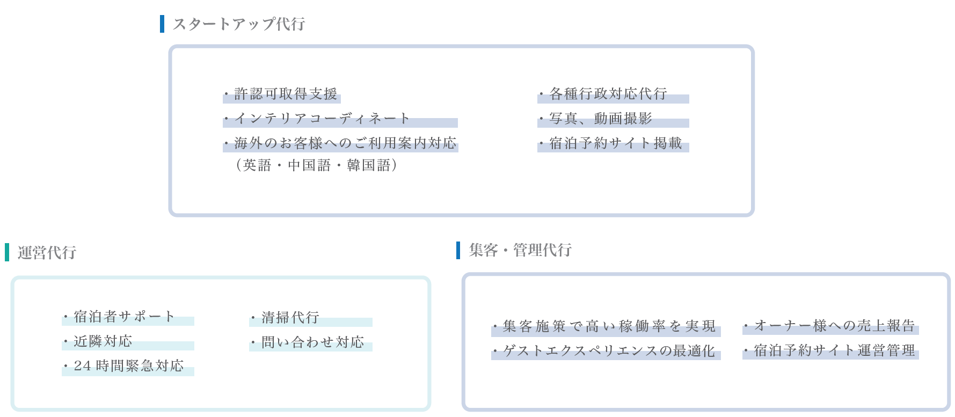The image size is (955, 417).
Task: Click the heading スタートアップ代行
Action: click(x=239, y=24)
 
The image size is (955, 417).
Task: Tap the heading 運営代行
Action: click(x=47, y=253)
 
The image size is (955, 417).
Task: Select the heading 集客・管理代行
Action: click(x=520, y=250)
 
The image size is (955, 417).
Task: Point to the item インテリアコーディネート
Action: click(x=322, y=119)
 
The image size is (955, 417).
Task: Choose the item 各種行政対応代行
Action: click(x=608, y=94)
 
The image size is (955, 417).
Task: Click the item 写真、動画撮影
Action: click(x=601, y=119)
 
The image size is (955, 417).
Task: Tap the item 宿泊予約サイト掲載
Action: click(x=615, y=143)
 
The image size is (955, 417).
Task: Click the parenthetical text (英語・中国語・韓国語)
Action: click(x=316, y=165)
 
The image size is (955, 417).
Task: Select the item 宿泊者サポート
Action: click(x=124, y=317)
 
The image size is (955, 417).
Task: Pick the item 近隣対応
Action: click(x=103, y=341)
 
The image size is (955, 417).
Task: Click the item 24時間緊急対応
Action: click(x=129, y=366)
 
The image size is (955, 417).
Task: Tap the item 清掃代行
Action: click(x=290, y=318)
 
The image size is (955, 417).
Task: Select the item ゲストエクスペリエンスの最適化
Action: click(x=609, y=351)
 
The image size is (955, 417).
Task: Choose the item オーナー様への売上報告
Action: click(x=834, y=326)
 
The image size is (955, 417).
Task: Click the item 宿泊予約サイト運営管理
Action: click(x=834, y=350)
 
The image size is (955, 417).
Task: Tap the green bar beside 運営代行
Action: click(x=7, y=252)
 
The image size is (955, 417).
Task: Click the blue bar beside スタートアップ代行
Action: click(x=162, y=24)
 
